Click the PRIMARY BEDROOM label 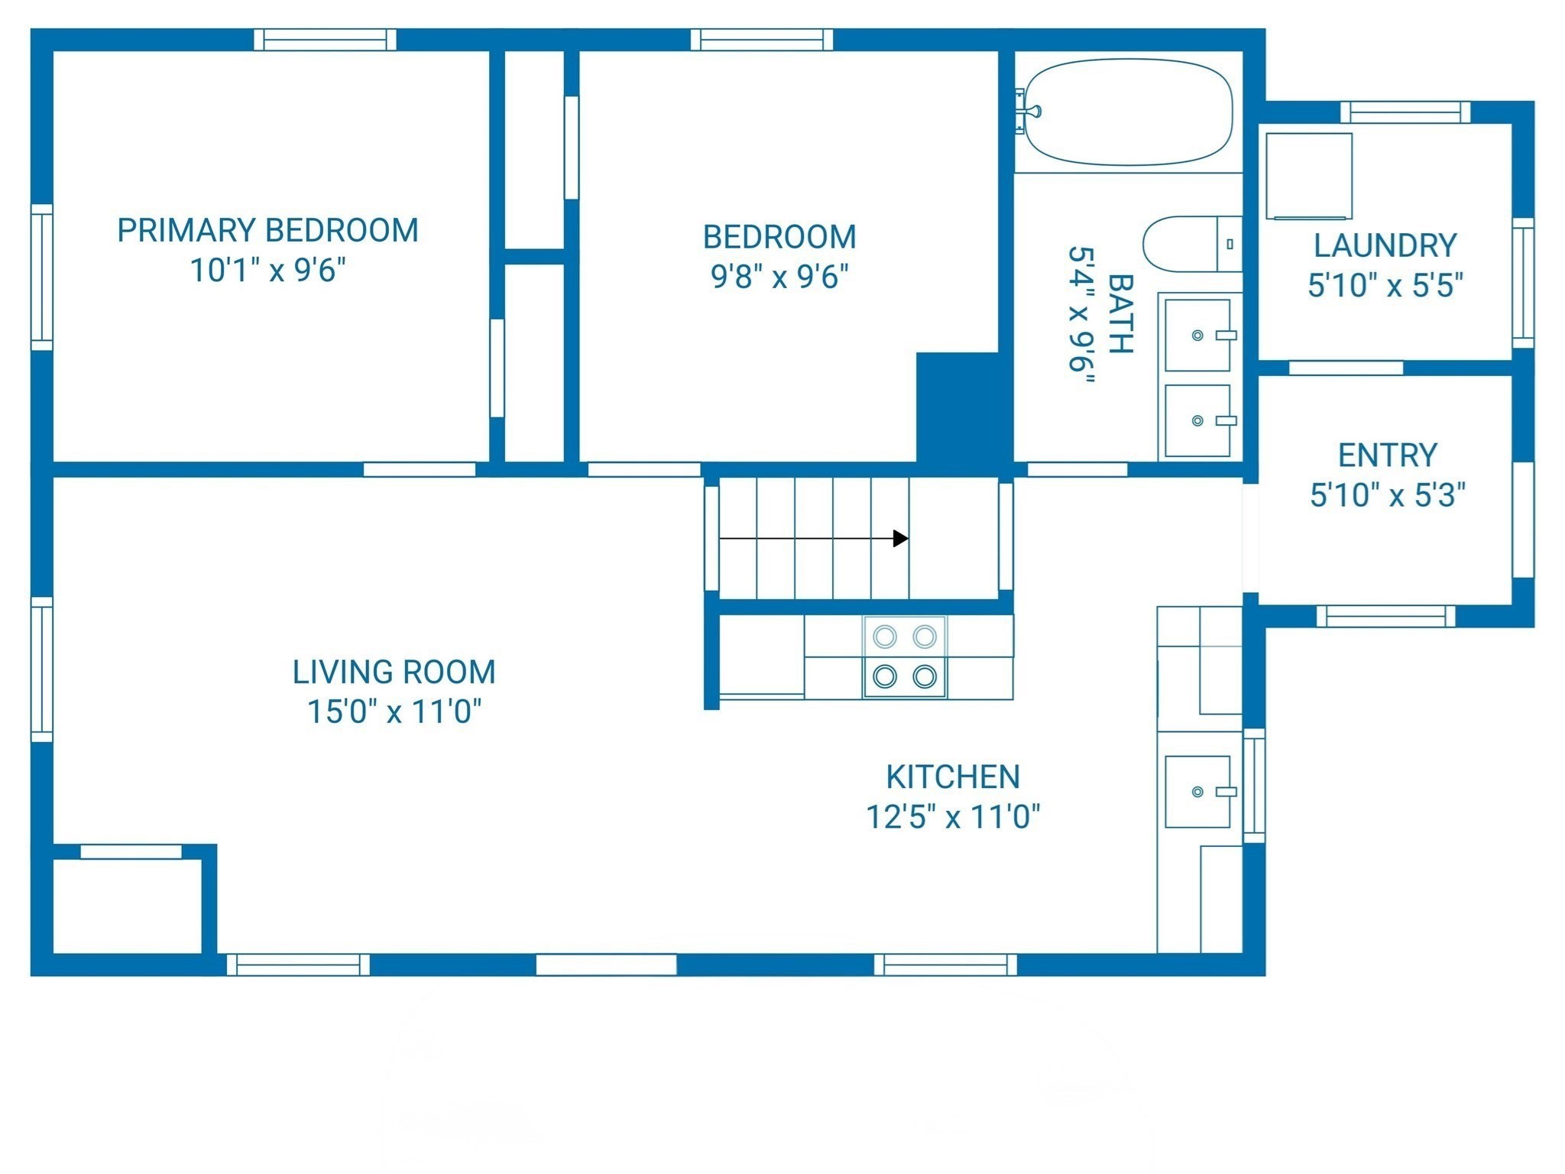(267, 230)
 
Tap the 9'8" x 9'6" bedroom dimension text (779, 277)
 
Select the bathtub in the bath (1127, 112)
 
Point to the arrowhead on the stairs (901, 539)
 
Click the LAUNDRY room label (1385, 246)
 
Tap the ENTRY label (1387, 456)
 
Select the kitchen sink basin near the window (1197, 792)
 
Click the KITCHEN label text (952, 777)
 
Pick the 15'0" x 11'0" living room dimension (394, 712)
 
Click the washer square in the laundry (1308, 177)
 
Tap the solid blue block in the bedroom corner (958, 409)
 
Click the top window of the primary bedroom (325, 40)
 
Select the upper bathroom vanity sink (1197, 335)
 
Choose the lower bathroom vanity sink (1197, 420)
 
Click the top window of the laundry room (1405, 112)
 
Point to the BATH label (1119, 313)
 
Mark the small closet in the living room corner (127, 906)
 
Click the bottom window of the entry (1385, 616)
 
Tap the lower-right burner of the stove (925, 676)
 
